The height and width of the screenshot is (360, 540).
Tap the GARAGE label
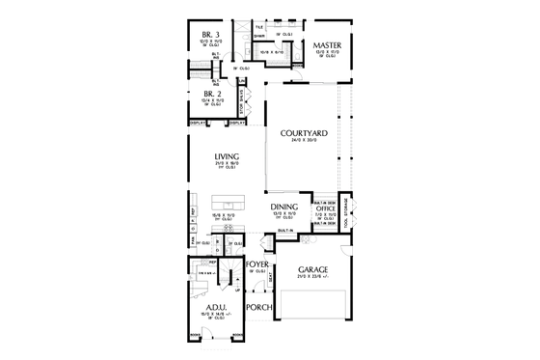[313, 269]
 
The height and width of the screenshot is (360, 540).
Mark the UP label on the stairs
[237, 288]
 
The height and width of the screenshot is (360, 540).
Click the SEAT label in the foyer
[269, 277]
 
